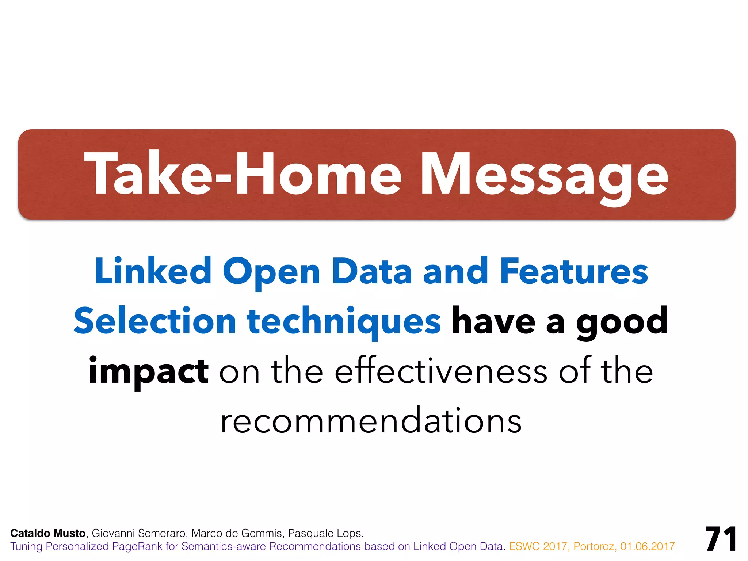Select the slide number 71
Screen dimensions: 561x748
pyautogui.click(x=721, y=539)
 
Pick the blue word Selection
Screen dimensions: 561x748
pyautogui.click(x=155, y=321)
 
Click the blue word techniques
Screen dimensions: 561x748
pyautogui.click(x=344, y=321)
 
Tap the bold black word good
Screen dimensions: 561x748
pyautogui.click(x=622, y=321)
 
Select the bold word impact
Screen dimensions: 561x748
pyautogui.click(x=148, y=371)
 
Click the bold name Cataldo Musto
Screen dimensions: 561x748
pyautogui.click(x=48, y=533)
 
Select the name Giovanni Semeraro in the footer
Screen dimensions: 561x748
pyautogui.click(x=139, y=533)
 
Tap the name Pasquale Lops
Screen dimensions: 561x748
pyautogui.click(x=325, y=533)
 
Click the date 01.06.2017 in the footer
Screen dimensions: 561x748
pyautogui.click(x=647, y=546)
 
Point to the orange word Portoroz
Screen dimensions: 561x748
pyautogui.click(x=595, y=546)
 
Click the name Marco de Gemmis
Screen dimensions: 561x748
pyautogui.click(x=237, y=533)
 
